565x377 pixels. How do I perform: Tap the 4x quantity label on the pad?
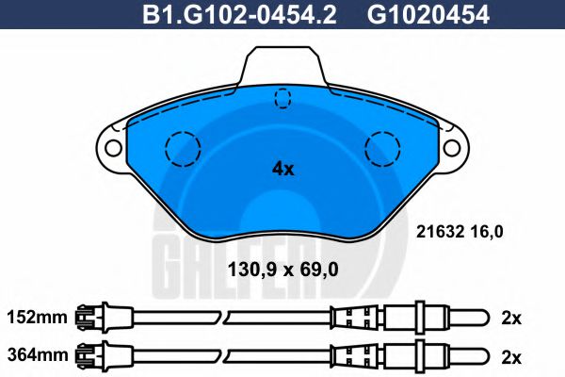[x=282, y=170]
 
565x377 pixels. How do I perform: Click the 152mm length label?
[x=38, y=318]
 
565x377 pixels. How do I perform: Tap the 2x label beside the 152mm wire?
[x=511, y=318]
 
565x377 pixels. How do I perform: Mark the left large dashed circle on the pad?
[x=183, y=149]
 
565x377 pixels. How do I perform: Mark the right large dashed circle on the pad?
[x=383, y=149]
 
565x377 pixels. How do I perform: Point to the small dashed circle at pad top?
[x=282, y=98]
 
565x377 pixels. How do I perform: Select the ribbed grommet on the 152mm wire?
[x=352, y=318]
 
